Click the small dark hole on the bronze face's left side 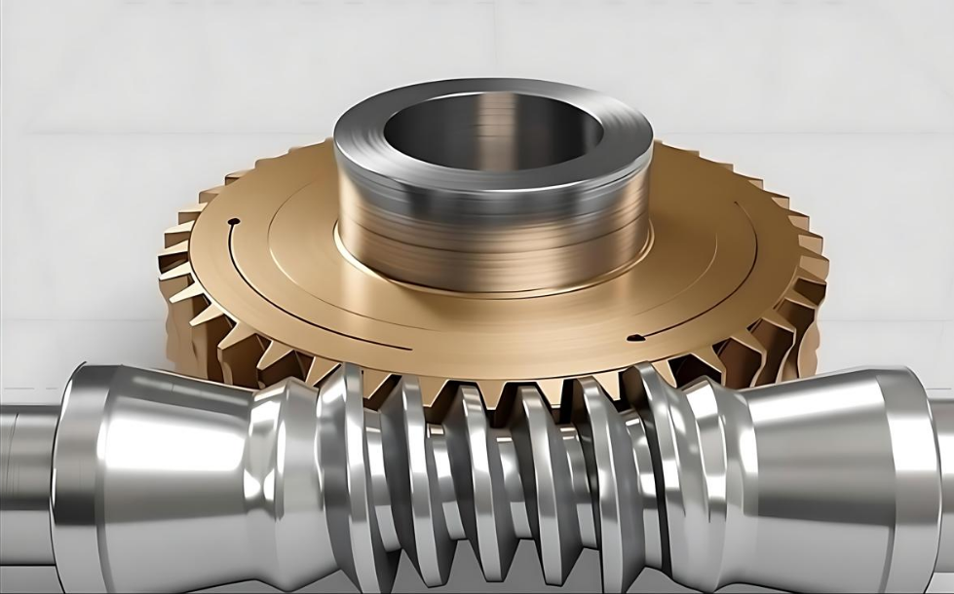(231, 223)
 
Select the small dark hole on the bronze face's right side (634, 338)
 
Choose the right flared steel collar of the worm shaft (828, 458)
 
